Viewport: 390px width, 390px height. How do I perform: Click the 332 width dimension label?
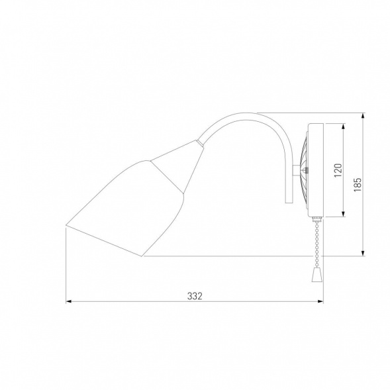click(195, 296)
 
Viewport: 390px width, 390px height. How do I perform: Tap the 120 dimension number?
click(338, 170)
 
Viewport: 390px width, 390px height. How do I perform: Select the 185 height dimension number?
click(358, 185)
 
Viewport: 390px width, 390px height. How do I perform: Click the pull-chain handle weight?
click(316, 275)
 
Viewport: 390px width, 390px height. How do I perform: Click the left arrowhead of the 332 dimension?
click(69, 301)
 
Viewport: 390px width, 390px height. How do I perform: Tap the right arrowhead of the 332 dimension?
click(320, 301)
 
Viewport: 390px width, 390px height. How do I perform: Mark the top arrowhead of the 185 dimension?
click(364, 116)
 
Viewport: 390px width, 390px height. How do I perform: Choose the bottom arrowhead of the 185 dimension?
click(364, 253)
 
